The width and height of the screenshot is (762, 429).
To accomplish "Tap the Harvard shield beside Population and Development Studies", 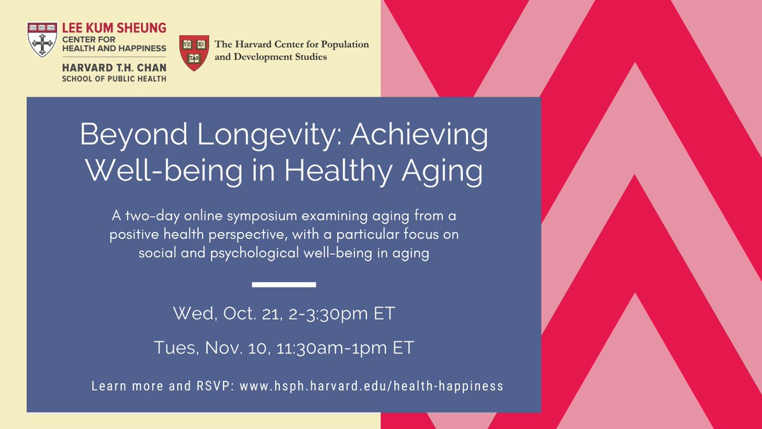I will point(194,53).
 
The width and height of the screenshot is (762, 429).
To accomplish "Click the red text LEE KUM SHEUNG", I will point(114,27).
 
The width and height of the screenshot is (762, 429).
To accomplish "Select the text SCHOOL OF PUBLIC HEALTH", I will point(114,78).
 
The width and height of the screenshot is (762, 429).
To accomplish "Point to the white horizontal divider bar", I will point(284,283).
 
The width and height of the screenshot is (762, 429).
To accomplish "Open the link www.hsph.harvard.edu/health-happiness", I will point(371,386).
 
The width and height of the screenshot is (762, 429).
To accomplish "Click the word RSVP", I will point(215,386).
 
